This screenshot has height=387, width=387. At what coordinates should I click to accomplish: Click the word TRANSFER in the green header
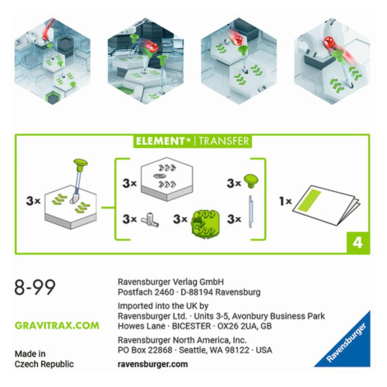point(224,141)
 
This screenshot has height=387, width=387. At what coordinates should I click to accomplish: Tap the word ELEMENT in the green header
point(160,141)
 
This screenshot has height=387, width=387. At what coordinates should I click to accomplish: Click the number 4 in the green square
point(357,243)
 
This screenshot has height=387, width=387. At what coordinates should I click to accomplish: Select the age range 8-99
point(35,287)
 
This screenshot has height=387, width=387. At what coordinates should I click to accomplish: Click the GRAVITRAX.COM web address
point(57,325)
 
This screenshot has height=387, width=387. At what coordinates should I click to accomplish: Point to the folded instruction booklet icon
point(326,204)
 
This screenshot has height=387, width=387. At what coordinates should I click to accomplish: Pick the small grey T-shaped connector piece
point(150,220)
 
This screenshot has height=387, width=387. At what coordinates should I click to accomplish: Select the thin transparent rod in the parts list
point(250,212)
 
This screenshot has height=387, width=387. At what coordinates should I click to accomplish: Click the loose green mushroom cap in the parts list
point(251,180)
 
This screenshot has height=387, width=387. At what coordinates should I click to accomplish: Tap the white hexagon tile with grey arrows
point(166,179)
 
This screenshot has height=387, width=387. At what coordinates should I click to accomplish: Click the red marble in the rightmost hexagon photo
point(329,43)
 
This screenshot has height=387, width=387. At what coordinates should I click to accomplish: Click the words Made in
point(30,354)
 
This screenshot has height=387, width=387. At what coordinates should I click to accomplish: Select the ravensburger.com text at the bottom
point(152,364)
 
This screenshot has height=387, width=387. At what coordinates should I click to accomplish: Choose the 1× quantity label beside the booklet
point(285,202)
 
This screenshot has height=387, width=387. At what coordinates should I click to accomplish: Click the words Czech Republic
point(44,364)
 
